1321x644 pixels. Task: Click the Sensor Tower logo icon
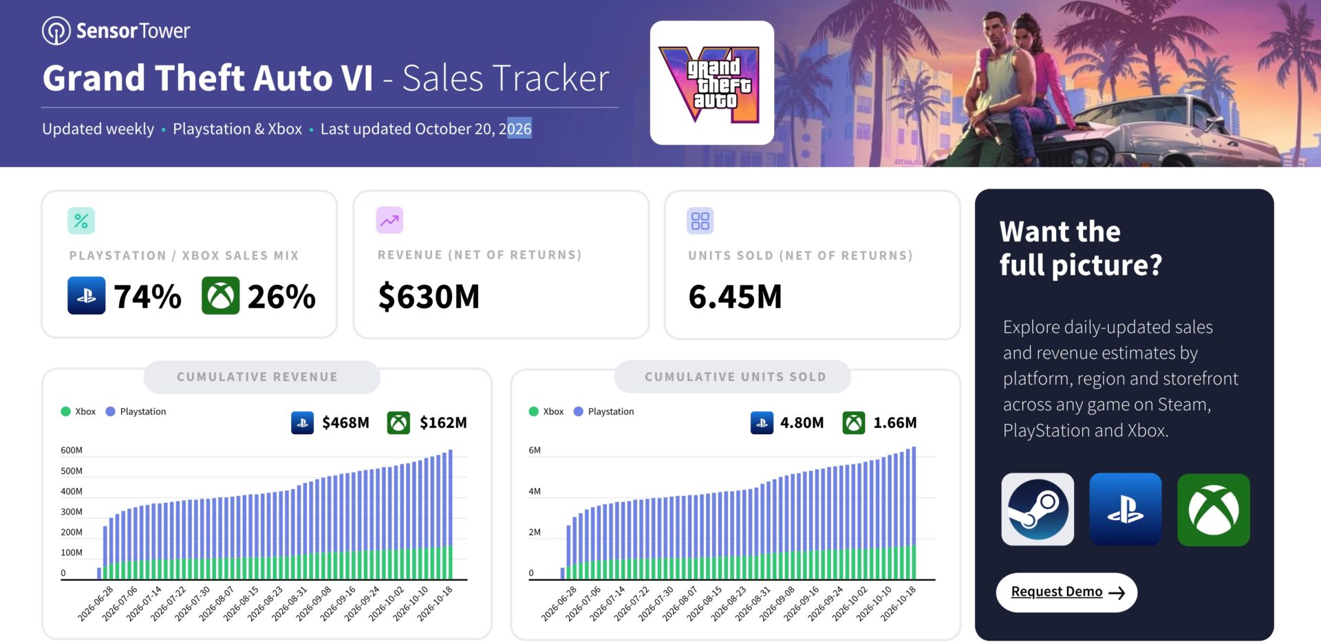[x=56, y=31]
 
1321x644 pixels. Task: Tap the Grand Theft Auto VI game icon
[x=712, y=83]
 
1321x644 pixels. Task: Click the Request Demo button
[x=1066, y=592]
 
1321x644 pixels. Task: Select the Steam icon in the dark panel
[x=1038, y=509]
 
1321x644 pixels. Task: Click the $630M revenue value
[x=429, y=297]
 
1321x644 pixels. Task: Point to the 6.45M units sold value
[x=735, y=297]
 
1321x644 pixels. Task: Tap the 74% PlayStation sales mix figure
[x=147, y=297]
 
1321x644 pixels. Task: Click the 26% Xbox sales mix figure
[x=281, y=297]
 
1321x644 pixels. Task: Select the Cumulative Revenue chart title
[x=257, y=377]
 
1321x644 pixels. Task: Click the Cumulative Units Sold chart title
[x=735, y=377]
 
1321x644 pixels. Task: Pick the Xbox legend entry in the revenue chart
[x=78, y=411]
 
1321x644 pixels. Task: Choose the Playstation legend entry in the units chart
[x=603, y=411]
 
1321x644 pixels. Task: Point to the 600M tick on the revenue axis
[x=72, y=451]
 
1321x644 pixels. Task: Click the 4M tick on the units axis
[x=535, y=491]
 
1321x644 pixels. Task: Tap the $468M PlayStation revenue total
[x=345, y=422]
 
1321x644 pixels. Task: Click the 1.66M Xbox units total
[x=895, y=422]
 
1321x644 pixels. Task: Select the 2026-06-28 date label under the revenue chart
[x=96, y=603]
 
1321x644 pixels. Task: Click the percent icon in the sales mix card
[x=81, y=221]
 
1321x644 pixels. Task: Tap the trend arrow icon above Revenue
[x=389, y=220]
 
